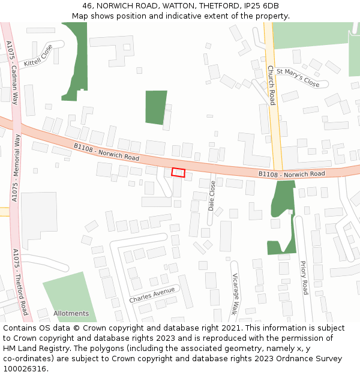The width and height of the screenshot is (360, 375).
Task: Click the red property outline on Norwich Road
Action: (178, 172)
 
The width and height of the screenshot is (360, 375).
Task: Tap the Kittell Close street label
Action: (38, 55)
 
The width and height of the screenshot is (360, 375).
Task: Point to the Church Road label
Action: (271, 85)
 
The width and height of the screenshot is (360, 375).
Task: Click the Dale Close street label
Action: (212, 195)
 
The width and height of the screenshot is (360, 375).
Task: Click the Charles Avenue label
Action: (152, 295)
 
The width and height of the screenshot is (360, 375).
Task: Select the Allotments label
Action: (71, 313)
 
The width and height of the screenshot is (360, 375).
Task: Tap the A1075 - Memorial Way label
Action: (16, 169)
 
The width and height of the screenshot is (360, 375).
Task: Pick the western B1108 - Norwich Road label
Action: (107, 152)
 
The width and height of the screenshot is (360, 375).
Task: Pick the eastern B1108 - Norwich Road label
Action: (292, 174)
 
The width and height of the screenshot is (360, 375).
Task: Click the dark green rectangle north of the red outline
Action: (156, 107)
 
